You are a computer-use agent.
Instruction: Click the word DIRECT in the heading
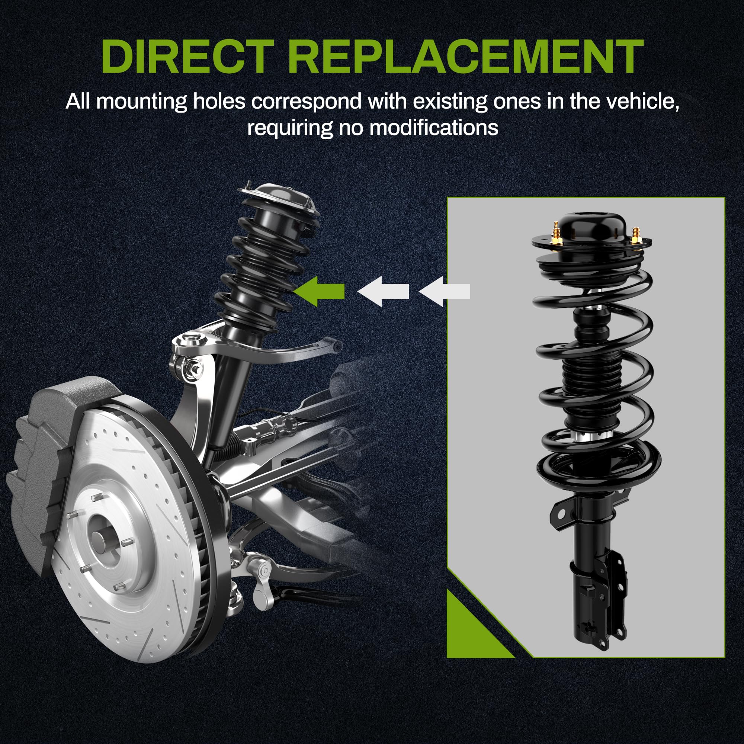pyautogui.click(x=187, y=57)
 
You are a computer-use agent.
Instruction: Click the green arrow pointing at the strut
pyautogui.click(x=319, y=291)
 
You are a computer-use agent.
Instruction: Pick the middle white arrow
pyautogui.click(x=383, y=291)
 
